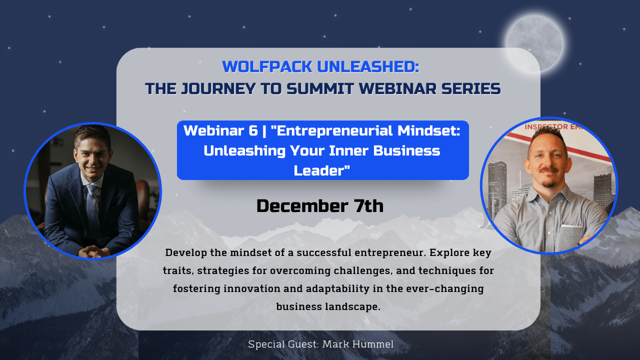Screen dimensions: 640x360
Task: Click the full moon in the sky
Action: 535,43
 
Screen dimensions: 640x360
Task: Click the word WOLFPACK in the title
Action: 267,66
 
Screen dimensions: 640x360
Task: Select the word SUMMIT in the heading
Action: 320,88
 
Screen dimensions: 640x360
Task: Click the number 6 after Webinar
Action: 253,131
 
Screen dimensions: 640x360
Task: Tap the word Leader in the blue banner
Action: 320,170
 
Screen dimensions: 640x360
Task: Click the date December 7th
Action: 320,205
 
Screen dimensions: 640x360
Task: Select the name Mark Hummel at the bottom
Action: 358,344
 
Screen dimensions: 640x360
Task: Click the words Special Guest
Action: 283,344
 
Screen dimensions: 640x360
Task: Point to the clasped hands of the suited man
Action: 93,251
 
